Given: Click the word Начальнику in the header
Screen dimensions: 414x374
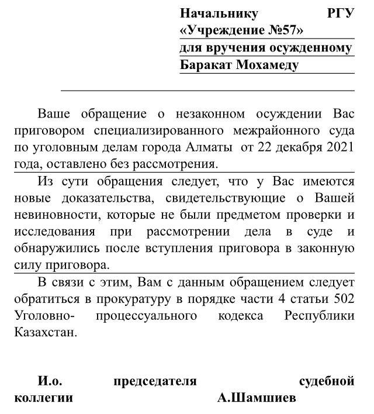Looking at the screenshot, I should (219, 13).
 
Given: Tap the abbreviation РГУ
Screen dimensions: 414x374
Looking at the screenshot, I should (341, 13).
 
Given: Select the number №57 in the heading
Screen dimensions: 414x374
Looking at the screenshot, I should (282, 30).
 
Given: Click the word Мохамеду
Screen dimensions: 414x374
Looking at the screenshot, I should (267, 64).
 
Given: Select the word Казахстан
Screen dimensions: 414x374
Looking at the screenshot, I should (44, 333).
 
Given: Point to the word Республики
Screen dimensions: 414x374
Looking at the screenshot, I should (320, 316).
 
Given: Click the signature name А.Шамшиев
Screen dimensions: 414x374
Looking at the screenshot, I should (257, 399).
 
